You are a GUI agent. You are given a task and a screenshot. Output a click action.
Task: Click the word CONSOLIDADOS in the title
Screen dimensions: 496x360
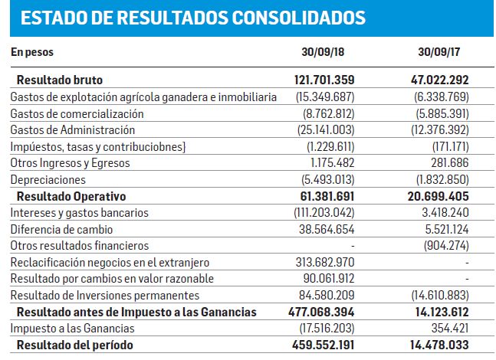(x=299, y=18)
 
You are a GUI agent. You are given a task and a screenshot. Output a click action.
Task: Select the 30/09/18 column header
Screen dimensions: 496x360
(x=323, y=52)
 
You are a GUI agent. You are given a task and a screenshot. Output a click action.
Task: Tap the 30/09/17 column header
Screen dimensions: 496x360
(x=439, y=52)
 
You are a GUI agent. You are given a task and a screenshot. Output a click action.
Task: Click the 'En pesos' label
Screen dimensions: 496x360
(x=32, y=52)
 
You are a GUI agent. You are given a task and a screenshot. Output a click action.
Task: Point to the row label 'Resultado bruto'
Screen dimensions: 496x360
(x=60, y=80)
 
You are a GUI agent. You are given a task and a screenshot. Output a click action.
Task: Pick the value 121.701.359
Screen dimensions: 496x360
(x=324, y=80)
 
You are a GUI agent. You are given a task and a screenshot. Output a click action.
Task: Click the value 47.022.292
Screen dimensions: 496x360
(x=440, y=80)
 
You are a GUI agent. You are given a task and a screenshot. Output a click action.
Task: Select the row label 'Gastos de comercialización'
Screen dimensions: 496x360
(x=77, y=113)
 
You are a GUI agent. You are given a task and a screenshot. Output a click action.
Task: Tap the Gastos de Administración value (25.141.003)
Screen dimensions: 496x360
(x=326, y=130)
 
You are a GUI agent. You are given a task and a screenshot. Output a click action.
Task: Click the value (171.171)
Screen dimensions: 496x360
(x=451, y=146)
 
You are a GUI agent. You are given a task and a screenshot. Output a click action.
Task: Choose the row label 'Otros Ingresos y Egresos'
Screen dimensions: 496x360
(x=70, y=163)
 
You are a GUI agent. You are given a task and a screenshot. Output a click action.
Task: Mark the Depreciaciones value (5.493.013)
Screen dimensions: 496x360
(x=327, y=179)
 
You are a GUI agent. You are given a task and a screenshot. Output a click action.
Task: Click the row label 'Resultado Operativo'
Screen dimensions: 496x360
(x=71, y=196)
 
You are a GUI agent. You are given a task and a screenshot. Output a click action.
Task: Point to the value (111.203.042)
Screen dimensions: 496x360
(x=324, y=212)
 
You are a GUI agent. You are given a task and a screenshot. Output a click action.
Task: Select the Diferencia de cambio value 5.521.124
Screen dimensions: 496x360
(x=447, y=229)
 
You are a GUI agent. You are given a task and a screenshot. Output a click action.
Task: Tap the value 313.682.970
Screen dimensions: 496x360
(x=325, y=262)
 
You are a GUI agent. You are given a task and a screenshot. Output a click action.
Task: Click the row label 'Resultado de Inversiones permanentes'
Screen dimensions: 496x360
(x=105, y=295)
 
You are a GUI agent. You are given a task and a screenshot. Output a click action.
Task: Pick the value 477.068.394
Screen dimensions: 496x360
(x=321, y=312)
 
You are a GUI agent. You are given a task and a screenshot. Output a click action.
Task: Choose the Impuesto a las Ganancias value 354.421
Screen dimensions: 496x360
(x=450, y=329)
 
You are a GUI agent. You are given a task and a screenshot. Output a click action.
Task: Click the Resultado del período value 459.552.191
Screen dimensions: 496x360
(x=323, y=345)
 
